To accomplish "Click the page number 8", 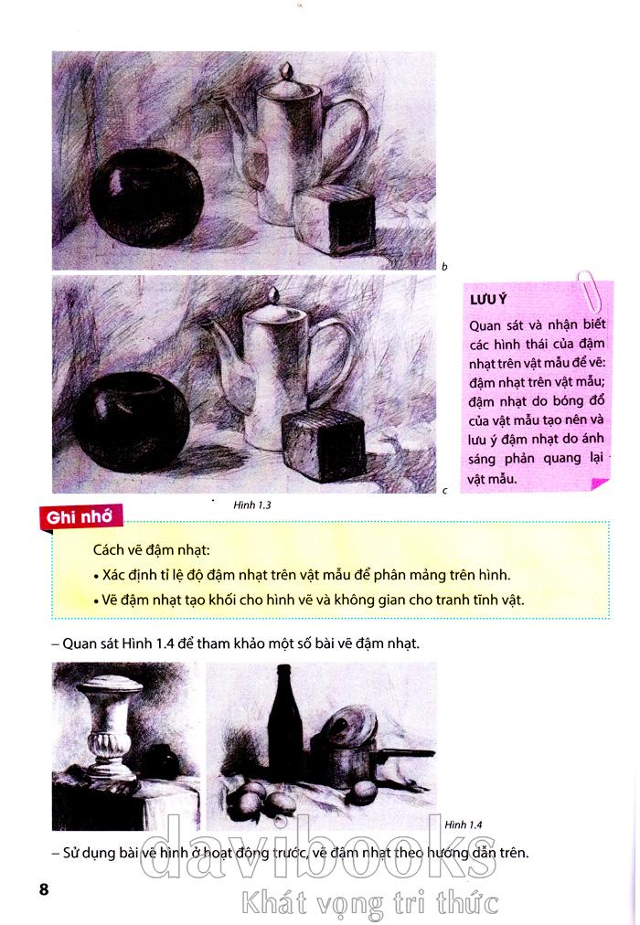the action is (44, 889).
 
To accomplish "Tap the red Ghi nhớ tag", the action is (80, 517).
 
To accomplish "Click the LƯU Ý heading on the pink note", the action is (488, 299).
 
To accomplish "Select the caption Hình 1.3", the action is (251, 505).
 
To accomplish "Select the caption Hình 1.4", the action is (463, 824).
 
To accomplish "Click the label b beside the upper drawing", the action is (444, 267).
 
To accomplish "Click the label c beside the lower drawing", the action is (444, 490).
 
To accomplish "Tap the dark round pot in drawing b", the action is (146, 197).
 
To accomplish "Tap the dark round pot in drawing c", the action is (131, 422).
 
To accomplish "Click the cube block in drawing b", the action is (335, 220).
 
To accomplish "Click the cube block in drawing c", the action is (324, 444).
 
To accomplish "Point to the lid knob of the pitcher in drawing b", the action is (287, 70).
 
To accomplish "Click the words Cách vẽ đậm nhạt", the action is (152, 550).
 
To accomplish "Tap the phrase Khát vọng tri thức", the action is (370, 903).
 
